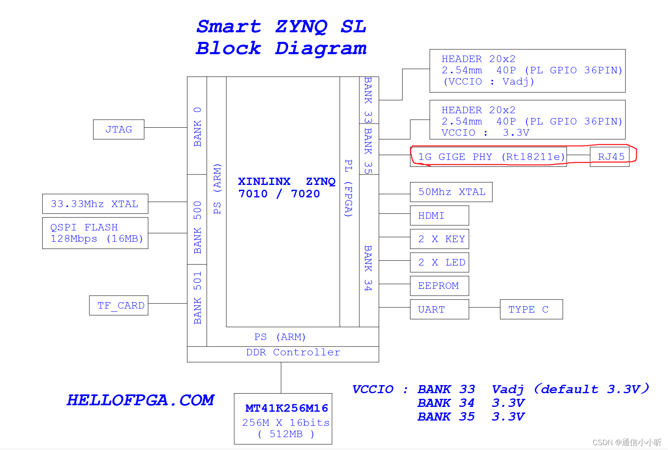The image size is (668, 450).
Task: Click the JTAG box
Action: (x=118, y=129)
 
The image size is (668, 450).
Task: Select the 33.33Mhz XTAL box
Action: (x=95, y=204)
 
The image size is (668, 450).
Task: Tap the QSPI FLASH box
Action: (x=95, y=233)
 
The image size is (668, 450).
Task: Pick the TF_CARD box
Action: (x=119, y=305)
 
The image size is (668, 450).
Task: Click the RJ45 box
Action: (x=609, y=157)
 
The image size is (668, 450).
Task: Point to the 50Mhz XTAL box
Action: (x=451, y=192)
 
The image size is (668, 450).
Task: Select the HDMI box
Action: (x=439, y=216)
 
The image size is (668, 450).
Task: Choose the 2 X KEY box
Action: (x=439, y=239)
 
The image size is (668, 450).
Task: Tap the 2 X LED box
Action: (x=439, y=262)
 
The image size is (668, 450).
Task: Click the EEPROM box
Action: (x=439, y=286)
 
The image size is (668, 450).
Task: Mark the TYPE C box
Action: (x=531, y=309)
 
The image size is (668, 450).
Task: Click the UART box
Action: (x=439, y=309)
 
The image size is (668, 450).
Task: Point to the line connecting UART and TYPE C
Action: (x=484, y=307)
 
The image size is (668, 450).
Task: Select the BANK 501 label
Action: (x=197, y=298)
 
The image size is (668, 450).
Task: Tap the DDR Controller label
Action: (x=293, y=353)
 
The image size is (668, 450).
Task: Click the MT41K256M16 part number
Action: (x=286, y=408)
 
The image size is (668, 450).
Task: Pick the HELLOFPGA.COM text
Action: (x=140, y=400)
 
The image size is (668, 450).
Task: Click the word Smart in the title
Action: (x=228, y=27)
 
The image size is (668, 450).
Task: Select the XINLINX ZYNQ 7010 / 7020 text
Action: (x=286, y=188)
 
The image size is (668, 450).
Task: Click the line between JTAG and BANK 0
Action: (x=166, y=127)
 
